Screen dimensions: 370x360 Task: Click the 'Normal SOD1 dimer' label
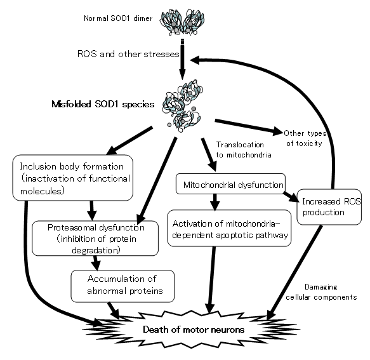tap(118, 18)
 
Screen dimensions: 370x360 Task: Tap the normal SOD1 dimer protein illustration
tap(182, 22)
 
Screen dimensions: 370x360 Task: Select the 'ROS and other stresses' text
tap(128, 54)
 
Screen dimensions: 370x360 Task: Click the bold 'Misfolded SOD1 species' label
tap(103, 104)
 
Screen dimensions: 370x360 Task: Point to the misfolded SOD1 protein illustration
tap(182, 106)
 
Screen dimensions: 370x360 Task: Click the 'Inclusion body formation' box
tap(73, 178)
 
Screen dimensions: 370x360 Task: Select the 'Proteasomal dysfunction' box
tap(95, 239)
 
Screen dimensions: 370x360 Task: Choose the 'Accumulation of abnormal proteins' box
tap(122, 286)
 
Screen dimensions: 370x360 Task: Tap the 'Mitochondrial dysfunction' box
tap(230, 184)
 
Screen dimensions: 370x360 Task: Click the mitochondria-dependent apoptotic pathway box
tap(229, 229)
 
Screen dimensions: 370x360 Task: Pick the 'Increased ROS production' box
tap(329, 207)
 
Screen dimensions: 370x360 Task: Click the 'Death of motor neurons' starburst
tap(191, 330)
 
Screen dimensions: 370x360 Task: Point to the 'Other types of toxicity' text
tap(305, 138)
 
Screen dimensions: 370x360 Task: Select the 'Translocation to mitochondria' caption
tap(244, 150)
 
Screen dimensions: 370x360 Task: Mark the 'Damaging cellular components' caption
tap(321, 292)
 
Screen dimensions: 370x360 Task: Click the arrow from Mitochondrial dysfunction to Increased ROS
tap(291, 197)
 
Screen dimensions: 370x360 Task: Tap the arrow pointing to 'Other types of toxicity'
tap(249, 128)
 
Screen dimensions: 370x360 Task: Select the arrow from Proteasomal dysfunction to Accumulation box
tap(96, 263)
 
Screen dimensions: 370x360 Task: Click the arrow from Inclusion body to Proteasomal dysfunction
tap(91, 211)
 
